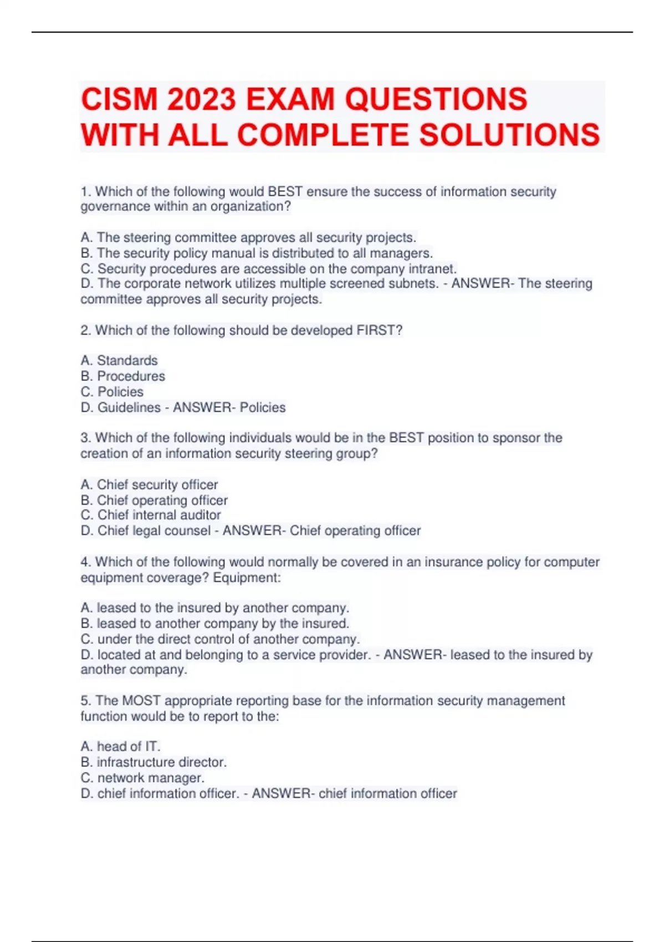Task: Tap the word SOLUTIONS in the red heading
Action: coord(509,135)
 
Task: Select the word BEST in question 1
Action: coord(285,192)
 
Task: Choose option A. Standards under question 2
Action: coord(119,360)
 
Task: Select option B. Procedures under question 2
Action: coord(122,376)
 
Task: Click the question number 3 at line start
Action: coord(85,438)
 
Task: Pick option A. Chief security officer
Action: coord(149,484)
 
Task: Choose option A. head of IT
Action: coord(120,746)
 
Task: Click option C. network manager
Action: coord(142,777)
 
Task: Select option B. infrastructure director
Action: coord(154,762)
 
